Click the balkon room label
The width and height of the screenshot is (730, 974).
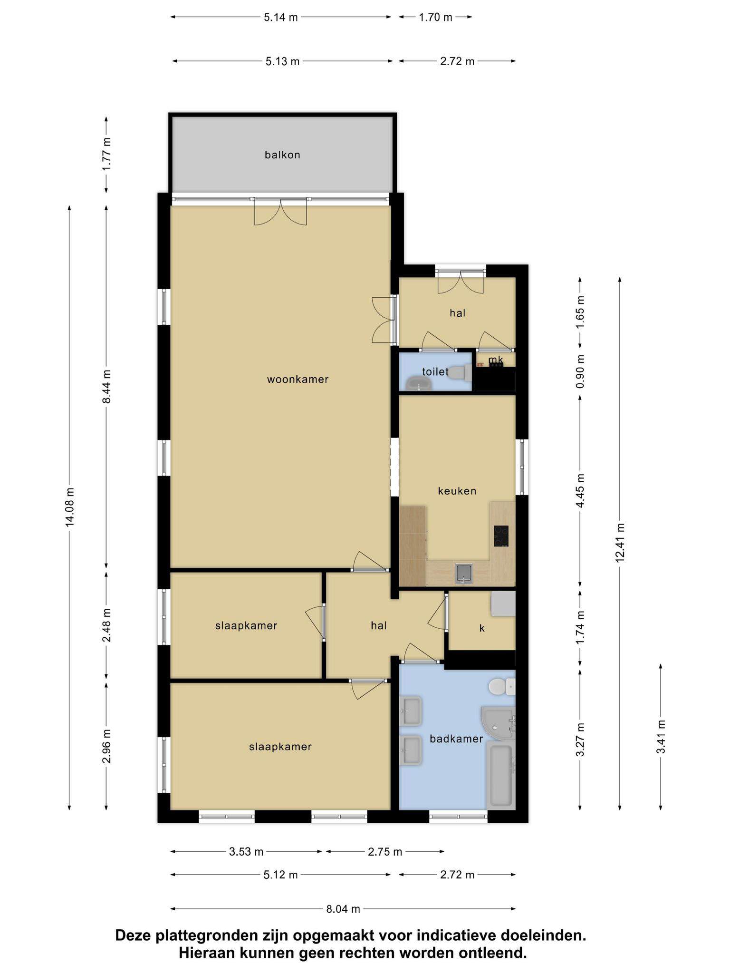(x=282, y=155)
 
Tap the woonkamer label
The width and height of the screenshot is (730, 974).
(x=298, y=379)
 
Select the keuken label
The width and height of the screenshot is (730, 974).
(x=457, y=491)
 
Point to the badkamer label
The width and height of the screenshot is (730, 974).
(x=456, y=739)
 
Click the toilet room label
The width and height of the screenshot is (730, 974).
(x=435, y=371)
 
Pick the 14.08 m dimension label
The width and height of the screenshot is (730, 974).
(x=69, y=507)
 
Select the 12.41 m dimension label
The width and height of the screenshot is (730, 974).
(x=620, y=543)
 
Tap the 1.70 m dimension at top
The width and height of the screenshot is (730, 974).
(x=435, y=18)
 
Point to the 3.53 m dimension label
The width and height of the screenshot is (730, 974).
(x=246, y=851)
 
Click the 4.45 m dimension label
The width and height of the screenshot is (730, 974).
(x=580, y=490)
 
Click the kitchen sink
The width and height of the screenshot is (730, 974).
(x=463, y=573)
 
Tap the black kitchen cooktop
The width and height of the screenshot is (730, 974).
(x=501, y=536)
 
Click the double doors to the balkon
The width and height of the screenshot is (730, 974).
(x=281, y=211)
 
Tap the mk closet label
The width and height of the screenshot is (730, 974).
(x=496, y=360)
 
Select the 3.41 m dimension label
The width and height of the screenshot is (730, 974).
(x=661, y=736)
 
